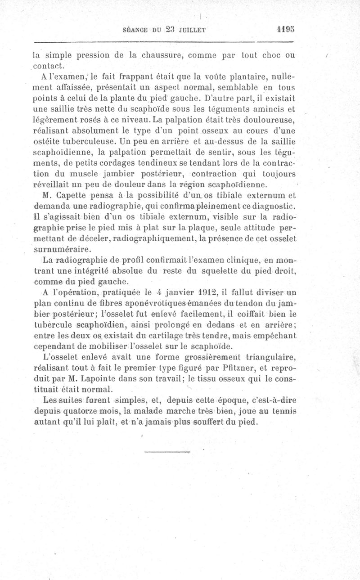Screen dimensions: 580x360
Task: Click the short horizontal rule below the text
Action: click(x=168, y=450)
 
